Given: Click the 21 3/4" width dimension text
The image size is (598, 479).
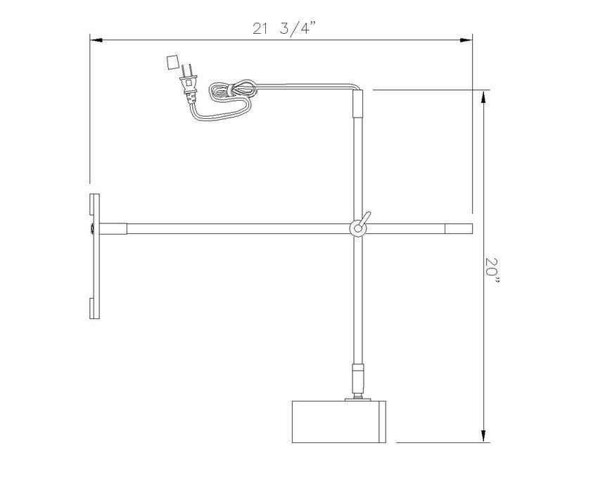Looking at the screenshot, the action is pyautogui.click(x=284, y=28).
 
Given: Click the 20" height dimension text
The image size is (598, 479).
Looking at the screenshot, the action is pyautogui.click(x=492, y=270).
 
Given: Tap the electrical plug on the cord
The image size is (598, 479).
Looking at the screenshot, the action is pyautogui.click(x=189, y=85).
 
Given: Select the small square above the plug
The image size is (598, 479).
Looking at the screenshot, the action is pyautogui.click(x=172, y=62).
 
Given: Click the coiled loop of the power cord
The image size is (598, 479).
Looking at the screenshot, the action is pyautogui.click(x=233, y=91).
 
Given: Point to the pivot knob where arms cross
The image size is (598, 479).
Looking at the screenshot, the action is pyautogui.click(x=358, y=228).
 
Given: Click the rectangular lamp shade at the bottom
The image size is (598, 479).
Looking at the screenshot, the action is pyautogui.click(x=339, y=422).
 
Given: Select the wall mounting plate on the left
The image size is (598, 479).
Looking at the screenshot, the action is pyautogui.click(x=94, y=256).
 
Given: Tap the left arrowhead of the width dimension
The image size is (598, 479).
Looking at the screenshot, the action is pyautogui.click(x=96, y=39).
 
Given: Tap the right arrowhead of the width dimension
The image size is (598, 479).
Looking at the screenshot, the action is pyautogui.click(x=466, y=39).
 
